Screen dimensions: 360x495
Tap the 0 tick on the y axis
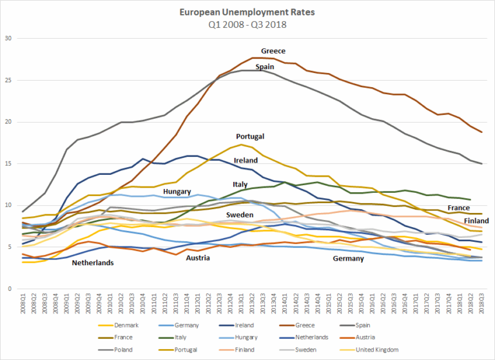[10, 288]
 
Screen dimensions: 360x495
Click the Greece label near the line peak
[273, 50]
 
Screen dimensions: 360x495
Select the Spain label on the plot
[265, 66]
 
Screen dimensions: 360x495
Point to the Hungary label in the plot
[177, 192]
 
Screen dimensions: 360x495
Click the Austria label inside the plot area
[198, 258]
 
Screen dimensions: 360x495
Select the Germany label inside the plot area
[349, 258]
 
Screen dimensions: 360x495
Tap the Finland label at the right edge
[476, 221]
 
